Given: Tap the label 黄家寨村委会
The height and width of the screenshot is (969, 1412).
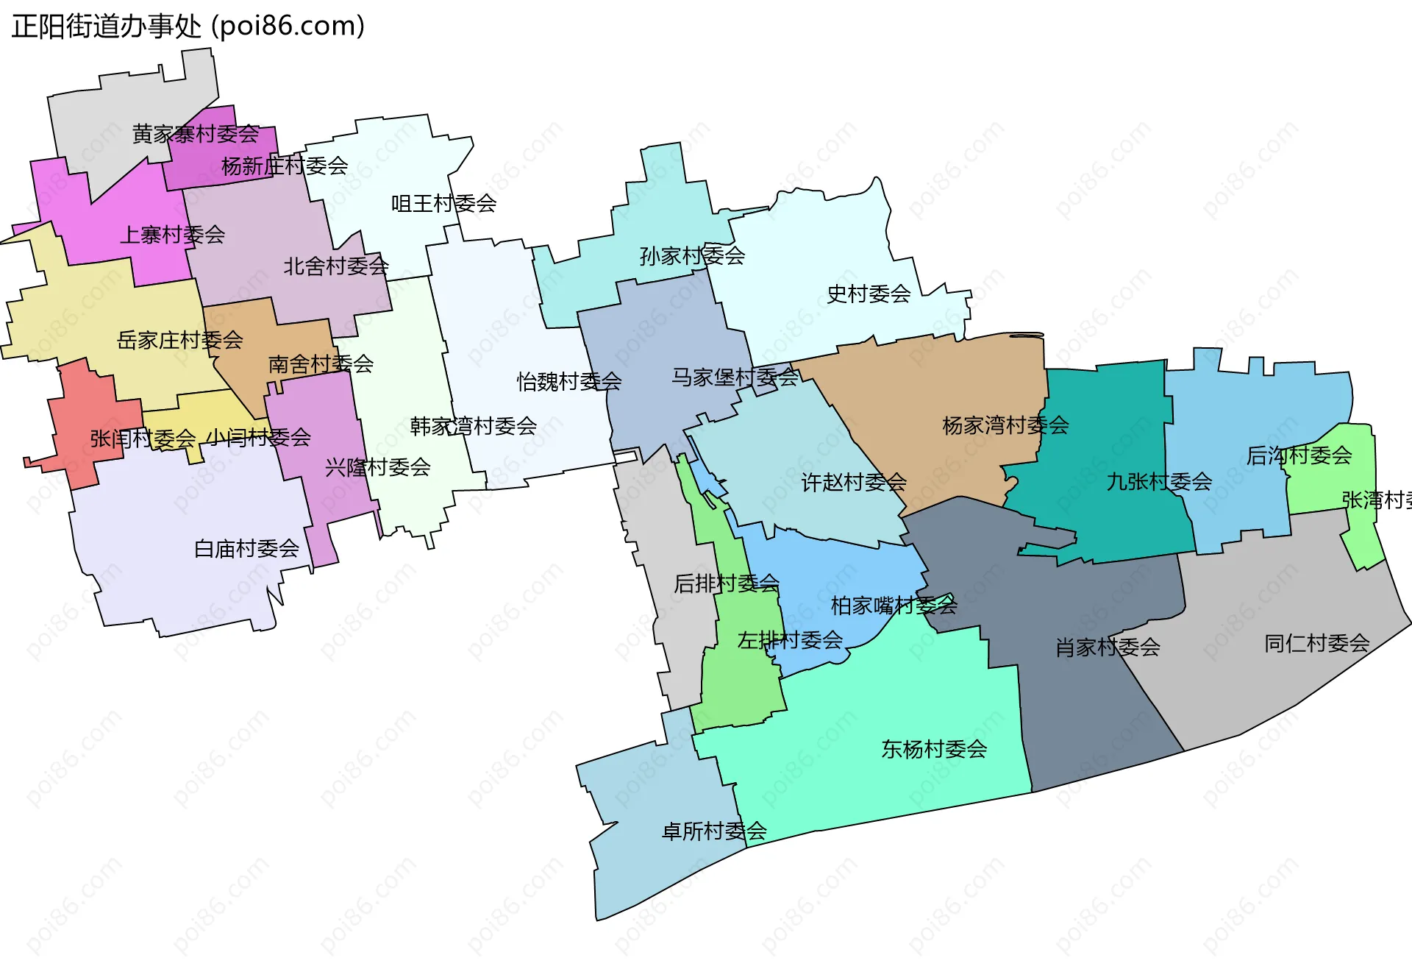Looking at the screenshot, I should (x=196, y=134).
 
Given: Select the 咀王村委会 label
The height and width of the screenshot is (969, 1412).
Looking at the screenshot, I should (x=443, y=203).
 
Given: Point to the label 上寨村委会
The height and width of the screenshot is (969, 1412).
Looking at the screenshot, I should (x=172, y=235).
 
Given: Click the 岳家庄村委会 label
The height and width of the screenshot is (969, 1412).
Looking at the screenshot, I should (x=179, y=340).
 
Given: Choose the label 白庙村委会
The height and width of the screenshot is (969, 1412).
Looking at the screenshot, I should (x=246, y=548).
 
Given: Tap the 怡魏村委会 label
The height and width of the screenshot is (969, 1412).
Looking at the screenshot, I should (x=569, y=381).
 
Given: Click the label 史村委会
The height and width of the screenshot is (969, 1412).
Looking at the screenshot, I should (x=869, y=294).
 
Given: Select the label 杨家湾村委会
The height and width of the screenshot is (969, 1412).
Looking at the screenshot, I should (x=1005, y=425).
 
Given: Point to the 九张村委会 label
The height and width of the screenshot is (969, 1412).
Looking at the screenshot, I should (x=1159, y=482).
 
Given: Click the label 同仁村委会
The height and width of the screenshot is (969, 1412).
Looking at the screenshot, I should (x=1316, y=644).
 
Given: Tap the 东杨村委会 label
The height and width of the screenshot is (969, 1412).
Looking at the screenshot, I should (x=934, y=749).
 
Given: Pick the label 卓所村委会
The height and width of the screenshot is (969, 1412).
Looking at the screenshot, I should (x=714, y=831).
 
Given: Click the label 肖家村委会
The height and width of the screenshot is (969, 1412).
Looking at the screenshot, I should (x=1108, y=647).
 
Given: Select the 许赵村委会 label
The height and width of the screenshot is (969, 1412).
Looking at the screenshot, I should (x=854, y=483).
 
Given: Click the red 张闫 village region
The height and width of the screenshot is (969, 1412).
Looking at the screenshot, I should (x=81, y=412).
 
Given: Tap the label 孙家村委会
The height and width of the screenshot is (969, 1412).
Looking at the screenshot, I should (x=692, y=256).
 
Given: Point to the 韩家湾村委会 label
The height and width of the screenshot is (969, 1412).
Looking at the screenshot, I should (x=473, y=426).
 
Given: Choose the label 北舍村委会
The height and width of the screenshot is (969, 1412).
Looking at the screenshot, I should (x=336, y=266).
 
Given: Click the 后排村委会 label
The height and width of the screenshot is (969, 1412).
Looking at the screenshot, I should (x=727, y=583).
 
